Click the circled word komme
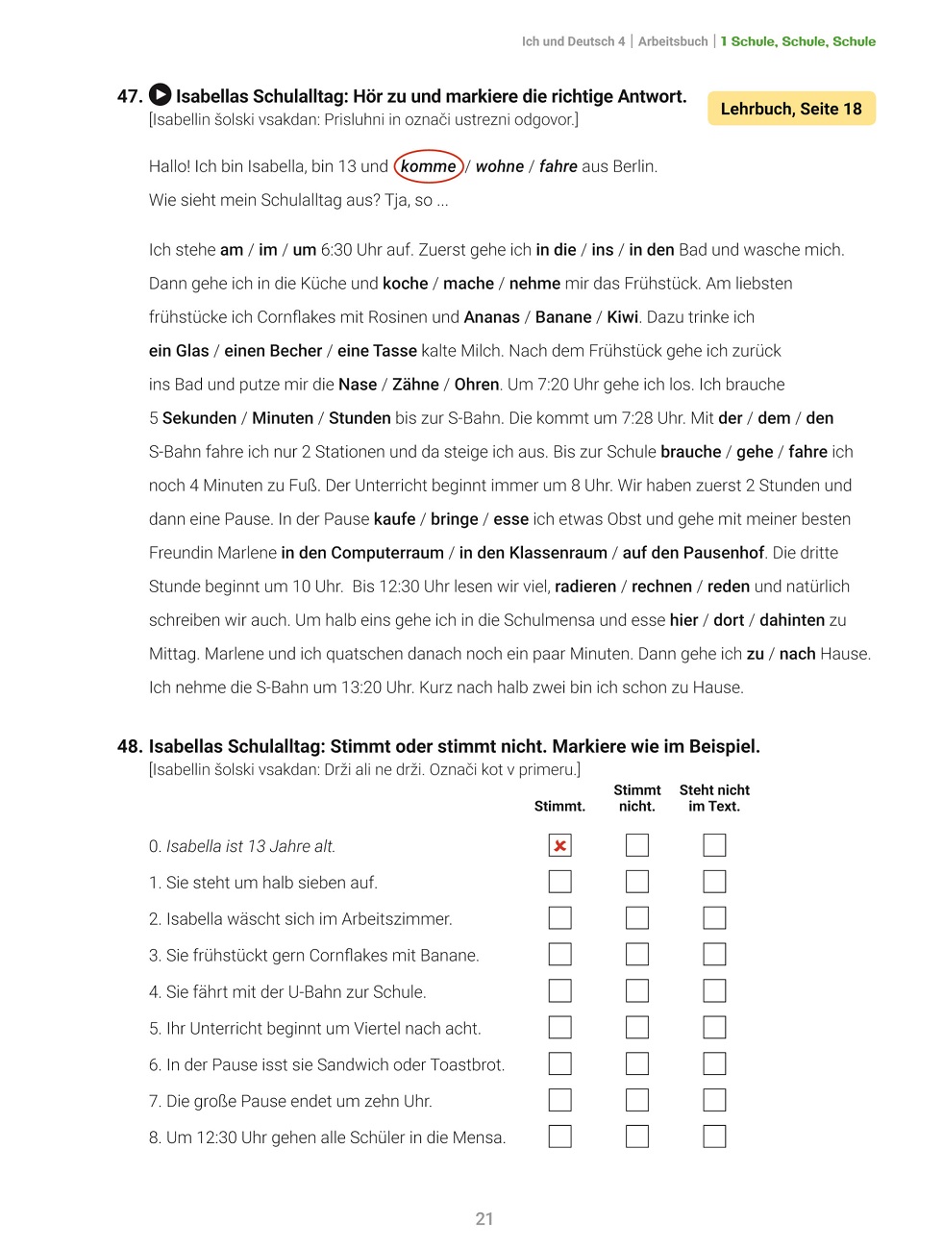(x=429, y=166)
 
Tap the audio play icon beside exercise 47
(x=161, y=95)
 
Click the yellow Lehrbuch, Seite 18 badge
(x=791, y=109)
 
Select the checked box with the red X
(x=559, y=845)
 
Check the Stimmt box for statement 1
(x=559, y=882)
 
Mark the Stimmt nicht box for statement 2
(x=637, y=918)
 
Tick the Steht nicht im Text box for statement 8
(x=714, y=1137)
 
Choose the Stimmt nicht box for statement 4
(x=637, y=991)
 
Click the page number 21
(x=484, y=1219)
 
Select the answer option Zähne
(x=415, y=385)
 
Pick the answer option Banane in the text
(x=563, y=317)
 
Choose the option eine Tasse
(x=377, y=351)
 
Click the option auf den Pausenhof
(x=693, y=553)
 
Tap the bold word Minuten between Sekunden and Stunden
(x=283, y=418)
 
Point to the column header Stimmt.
(x=559, y=807)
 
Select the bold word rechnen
(x=661, y=587)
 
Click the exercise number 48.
(x=130, y=746)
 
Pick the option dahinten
(x=792, y=620)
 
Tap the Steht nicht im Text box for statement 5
(x=714, y=1027)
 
